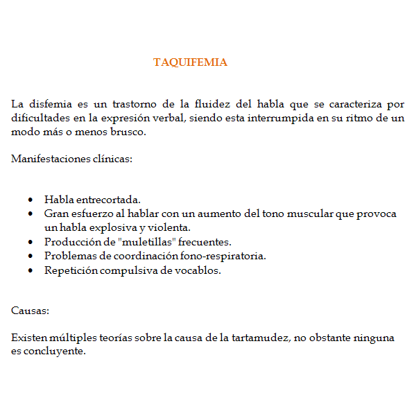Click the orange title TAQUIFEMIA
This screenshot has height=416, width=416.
point(190,62)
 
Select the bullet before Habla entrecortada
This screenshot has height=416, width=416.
point(30,200)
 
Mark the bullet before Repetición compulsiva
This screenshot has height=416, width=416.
point(30,270)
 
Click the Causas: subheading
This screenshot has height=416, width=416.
point(30,311)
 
